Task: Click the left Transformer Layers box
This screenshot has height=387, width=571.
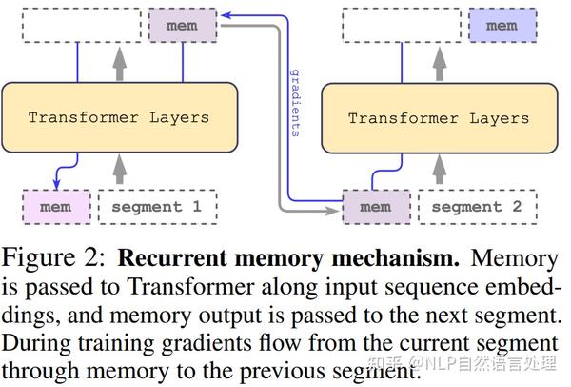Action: click(118, 118)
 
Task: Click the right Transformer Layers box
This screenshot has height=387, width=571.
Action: click(438, 118)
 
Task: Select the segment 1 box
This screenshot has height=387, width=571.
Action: click(157, 206)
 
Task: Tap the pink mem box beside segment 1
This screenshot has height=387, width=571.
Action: click(56, 206)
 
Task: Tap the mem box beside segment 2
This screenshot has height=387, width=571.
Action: click(376, 206)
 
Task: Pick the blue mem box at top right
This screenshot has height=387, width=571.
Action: click(502, 26)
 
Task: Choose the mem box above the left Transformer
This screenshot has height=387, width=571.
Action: click(182, 26)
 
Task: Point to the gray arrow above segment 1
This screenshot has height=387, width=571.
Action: click(118, 169)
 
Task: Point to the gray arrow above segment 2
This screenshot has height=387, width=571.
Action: click(438, 169)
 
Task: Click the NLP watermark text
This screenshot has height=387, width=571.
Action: click(495, 365)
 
